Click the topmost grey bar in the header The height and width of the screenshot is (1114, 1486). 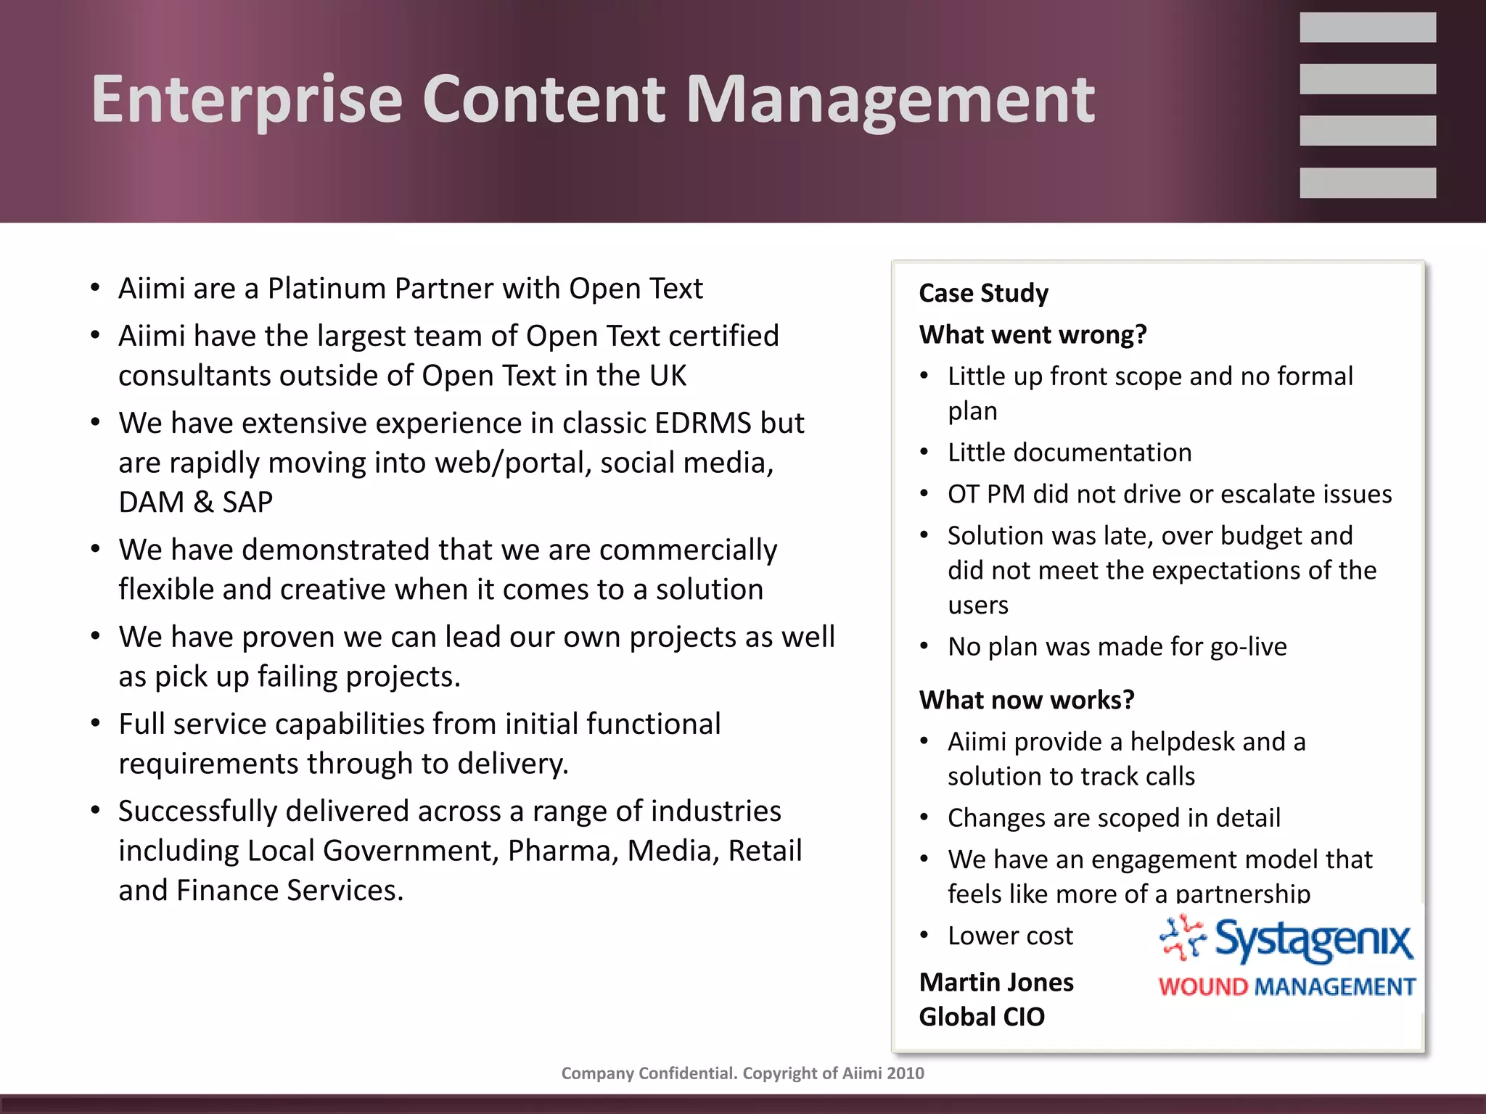(x=1367, y=28)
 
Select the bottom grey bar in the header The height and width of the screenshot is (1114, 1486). (x=1367, y=183)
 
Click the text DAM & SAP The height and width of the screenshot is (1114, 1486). (x=196, y=502)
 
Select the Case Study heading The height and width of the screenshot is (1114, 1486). (x=983, y=293)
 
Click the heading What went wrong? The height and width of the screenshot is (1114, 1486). (x=1033, y=334)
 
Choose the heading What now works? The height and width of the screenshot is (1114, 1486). (x=1026, y=700)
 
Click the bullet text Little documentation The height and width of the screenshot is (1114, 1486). (x=1070, y=453)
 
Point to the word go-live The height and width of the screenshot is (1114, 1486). (x=1248, y=646)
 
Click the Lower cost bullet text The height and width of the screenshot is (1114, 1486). (x=1010, y=936)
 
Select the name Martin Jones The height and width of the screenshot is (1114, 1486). (x=996, y=982)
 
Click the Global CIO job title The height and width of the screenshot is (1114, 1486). (x=982, y=1017)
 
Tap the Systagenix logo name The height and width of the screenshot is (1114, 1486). (x=1313, y=941)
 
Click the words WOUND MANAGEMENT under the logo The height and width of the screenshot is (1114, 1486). (x=1286, y=987)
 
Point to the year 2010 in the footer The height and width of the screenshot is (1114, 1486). (x=905, y=1073)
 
